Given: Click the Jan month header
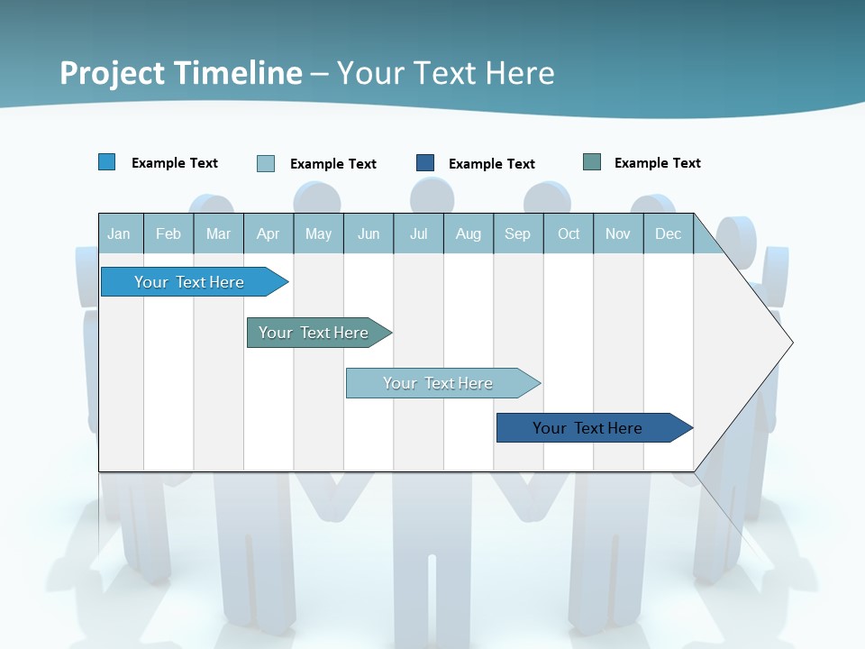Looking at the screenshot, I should [120, 233].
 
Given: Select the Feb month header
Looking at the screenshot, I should [168, 233].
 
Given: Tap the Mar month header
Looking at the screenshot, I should [218, 233].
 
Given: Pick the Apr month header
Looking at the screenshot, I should [269, 233].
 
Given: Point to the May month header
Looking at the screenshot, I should [318, 233].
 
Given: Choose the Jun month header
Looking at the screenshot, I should [369, 233].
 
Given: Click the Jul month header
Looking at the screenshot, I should [418, 233].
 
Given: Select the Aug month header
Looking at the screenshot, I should [469, 233].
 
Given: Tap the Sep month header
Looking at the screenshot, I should [518, 233].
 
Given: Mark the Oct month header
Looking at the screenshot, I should [569, 233].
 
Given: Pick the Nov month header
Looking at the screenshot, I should [618, 233].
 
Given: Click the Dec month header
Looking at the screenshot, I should [669, 233].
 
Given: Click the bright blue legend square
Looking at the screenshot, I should [107, 162].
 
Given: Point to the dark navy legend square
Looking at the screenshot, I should [425, 163].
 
